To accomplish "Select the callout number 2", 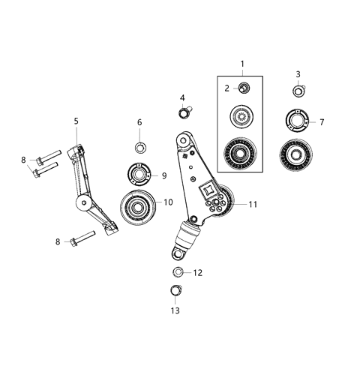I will click(x=227, y=88).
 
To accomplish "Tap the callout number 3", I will click(x=298, y=74).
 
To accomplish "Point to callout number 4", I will click(x=182, y=97).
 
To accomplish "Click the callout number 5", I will click(x=76, y=120).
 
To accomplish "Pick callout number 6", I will click(x=139, y=122).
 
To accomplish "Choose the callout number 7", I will click(x=322, y=121).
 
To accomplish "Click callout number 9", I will click(x=163, y=175).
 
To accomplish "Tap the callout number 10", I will click(x=168, y=202).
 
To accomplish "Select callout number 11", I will click(x=252, y=204).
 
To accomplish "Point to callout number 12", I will click(x=198, y=273).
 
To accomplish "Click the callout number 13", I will click(x=175, y=310).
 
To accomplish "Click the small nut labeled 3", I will click(x=298, y=91).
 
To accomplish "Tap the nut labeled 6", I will click(x=140, y=145).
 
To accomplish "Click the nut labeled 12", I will click(x=178, y=271).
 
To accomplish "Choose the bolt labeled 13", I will click(x=175, y=291).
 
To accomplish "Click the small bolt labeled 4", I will click(x=184, y=114).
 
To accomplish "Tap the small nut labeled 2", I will click(x=244, y=89).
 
